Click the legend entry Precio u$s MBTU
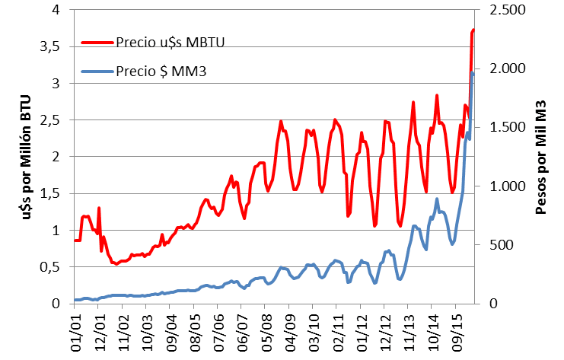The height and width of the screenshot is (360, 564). (171, 41)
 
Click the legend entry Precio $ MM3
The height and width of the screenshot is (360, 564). (163, 72)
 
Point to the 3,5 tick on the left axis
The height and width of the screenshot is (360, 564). (50, 46)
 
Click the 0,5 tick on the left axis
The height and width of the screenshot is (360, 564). (50, 267)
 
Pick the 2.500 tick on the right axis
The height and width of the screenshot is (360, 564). (499, 10)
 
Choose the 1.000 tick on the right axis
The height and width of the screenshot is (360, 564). (499, 186)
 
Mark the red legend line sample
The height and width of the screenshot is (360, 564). (97, 41)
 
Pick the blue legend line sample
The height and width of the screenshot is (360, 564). (97, 72)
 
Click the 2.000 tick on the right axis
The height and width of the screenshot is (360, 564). (499, 68)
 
